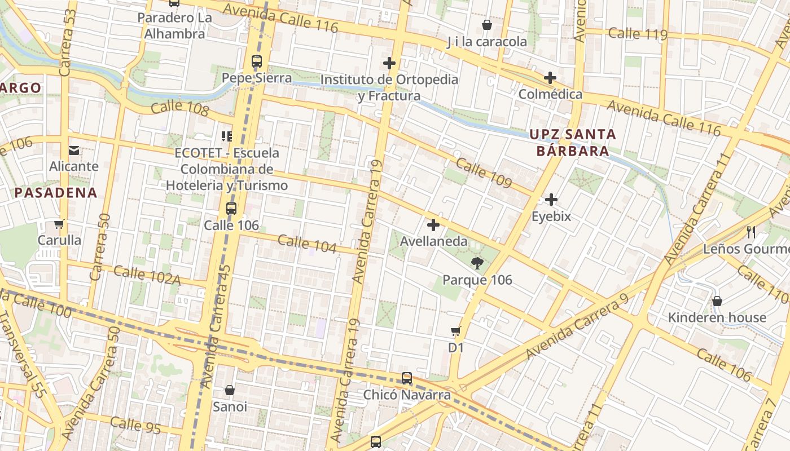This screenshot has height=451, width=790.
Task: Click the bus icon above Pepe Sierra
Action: click(x=257, y=61)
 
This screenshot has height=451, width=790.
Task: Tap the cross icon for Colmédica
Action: click(x=550, y=78)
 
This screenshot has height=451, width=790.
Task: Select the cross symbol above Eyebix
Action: click(x=551, y=200)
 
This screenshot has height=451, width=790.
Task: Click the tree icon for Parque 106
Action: click(x=477, y=263)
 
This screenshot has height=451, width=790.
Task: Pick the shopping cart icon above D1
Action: click(x=456, y=331)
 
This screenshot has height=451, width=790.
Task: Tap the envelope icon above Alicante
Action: click(x=74, y=150)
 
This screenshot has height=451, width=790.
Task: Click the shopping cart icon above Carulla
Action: click(x=59, y=224)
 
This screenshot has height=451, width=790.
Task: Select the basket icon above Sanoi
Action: click(x=230, y=390)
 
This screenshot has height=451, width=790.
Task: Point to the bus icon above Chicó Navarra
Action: click(x=406, y=378)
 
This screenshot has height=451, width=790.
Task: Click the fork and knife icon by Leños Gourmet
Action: click(x=751, y=232)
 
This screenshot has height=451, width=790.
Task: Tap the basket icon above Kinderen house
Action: click(x=717, y=301)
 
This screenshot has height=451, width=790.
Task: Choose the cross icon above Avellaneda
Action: click(x=433, y=225)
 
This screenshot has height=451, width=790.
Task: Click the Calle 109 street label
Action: click(x=484, y=173)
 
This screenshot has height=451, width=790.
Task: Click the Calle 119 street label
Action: click(x=638, y=34)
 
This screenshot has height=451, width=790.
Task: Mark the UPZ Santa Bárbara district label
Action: click(x=572, y=143)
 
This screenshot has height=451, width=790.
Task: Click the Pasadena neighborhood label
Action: click(x=56, y=193)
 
